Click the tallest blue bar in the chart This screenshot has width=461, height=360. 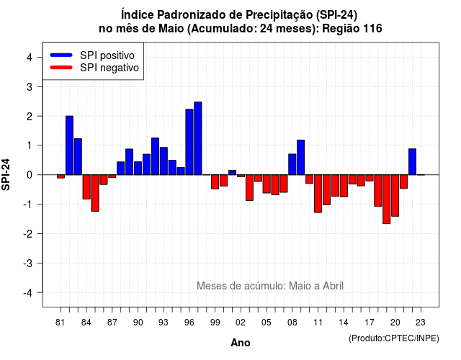point(198,138)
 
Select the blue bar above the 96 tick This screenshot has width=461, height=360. point(189,142)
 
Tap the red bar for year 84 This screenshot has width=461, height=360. point(86,187)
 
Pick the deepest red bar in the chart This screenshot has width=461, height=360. point(386,199)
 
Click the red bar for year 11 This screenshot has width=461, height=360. point(318,194)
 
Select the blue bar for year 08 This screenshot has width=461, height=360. point(292,164)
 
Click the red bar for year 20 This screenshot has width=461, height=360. point(395,195)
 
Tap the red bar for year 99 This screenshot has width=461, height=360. point(215,182)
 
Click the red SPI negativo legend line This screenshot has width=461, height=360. point(61,68)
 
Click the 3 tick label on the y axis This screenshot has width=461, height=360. point(30,86)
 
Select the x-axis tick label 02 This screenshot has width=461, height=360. point(241,323)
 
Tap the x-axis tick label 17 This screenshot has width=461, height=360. point(370,323)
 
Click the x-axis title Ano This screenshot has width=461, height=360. point(241,343)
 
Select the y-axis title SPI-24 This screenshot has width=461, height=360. point(6,174)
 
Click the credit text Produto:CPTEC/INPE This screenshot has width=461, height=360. point(394,338)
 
